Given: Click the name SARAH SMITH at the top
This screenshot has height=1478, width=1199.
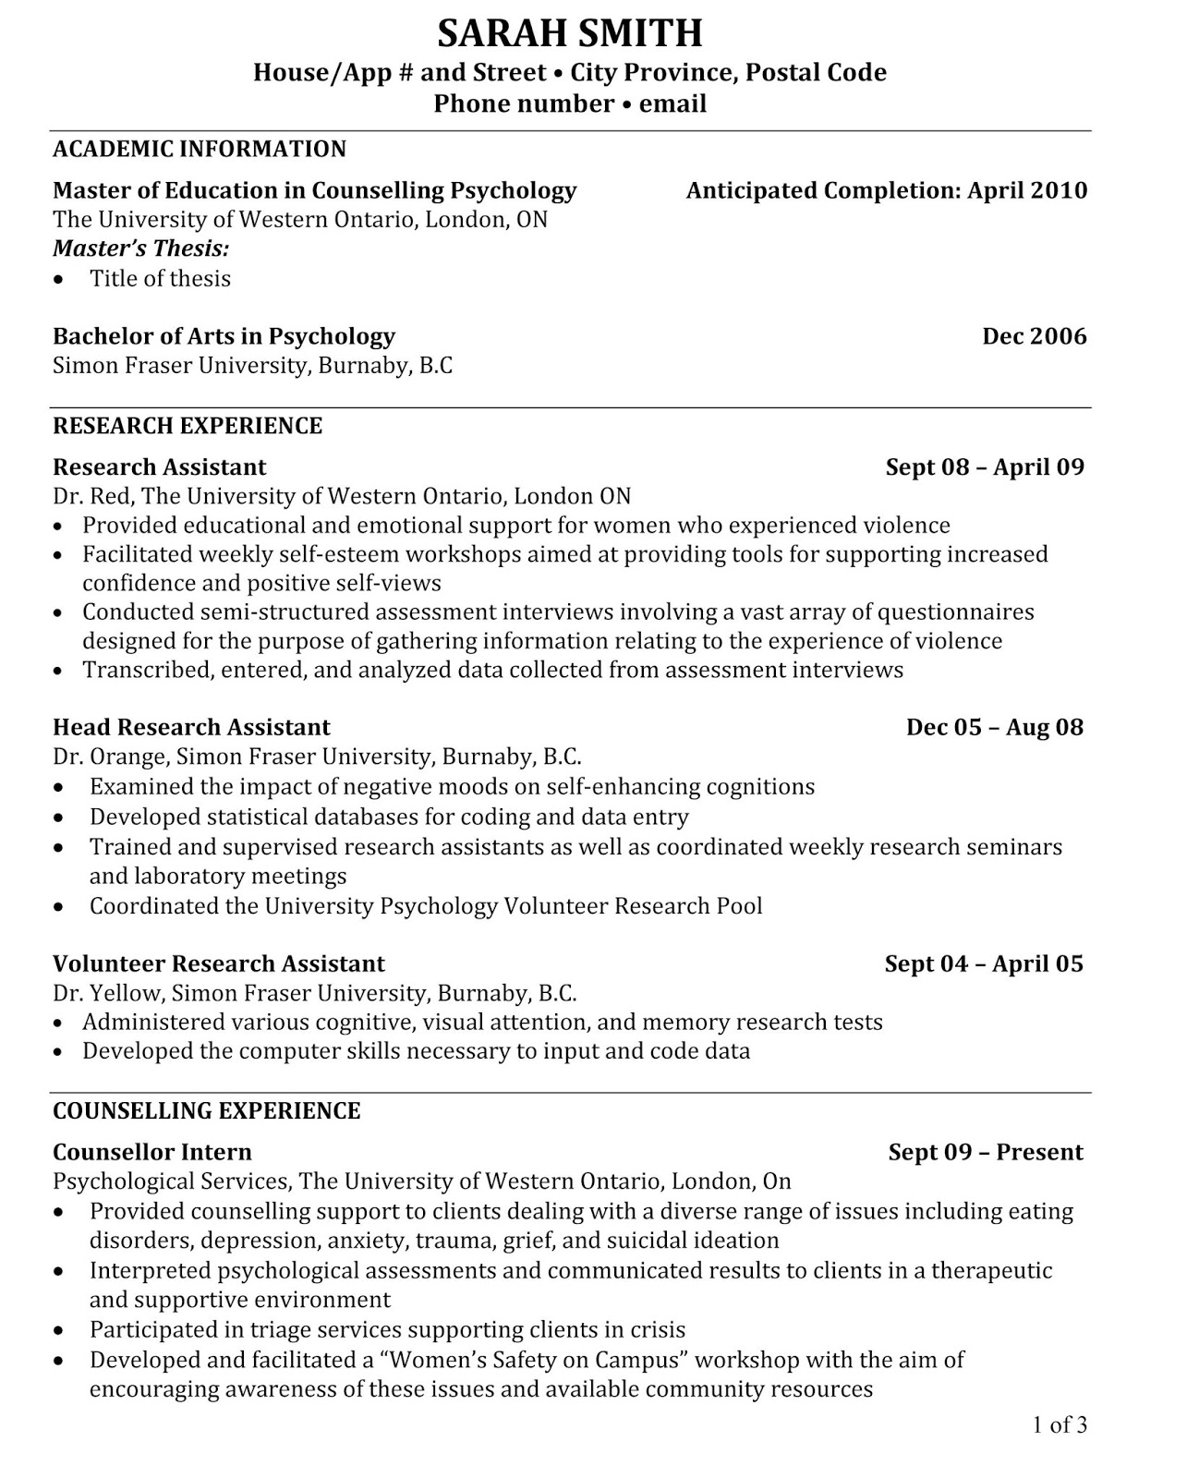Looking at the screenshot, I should tap(569, 34).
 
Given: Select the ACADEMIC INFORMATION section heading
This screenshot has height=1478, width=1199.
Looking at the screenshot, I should tap(200, 149).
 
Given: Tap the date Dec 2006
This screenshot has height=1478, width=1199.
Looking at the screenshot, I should tap(1034, 336).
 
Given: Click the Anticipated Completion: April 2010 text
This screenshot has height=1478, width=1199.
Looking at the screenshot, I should tap(886, 190).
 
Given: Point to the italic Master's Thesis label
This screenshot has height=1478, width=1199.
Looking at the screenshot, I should tap(140, 248).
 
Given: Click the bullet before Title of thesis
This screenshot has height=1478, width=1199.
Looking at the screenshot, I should tap(60, 280).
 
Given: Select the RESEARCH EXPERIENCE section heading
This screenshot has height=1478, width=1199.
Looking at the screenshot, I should tap(188, 426).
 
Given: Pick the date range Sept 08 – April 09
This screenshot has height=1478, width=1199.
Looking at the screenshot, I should tap(984, 466).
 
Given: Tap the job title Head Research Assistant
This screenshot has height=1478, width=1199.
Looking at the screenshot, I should tap(191, 727).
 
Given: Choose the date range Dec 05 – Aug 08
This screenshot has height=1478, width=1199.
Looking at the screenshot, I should tap(994, 727).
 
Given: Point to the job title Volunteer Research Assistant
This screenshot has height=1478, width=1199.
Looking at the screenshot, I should tap(218, 963).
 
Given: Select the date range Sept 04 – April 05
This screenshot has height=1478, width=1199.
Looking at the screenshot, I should tap(983, 963).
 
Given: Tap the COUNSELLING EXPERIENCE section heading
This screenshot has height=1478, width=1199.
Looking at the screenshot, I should tap(206, 1110).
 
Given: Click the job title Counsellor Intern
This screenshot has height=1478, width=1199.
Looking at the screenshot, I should tap(151, 1152).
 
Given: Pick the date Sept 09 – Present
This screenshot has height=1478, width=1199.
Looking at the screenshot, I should tap(985, 1152).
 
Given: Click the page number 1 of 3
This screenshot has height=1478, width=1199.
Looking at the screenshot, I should tap(1059, 1424).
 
